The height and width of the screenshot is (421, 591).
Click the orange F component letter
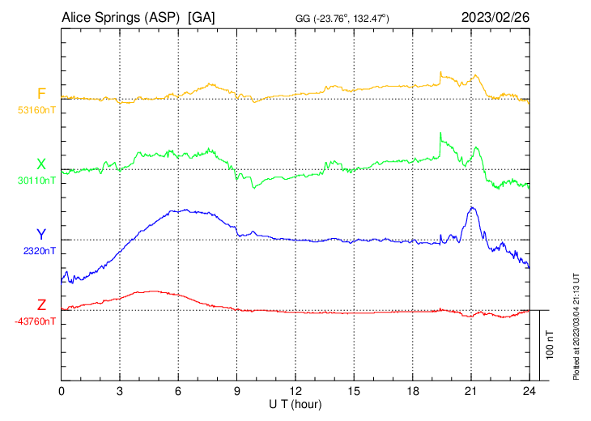coord(41,93)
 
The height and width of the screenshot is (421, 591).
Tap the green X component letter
coord(41,164)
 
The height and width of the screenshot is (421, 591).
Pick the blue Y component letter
coord(41,235)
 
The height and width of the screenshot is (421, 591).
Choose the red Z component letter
coord(41,305)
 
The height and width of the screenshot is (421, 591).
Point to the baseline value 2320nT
coord(39,251)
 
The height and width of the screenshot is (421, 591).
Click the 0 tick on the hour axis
coord(62,390)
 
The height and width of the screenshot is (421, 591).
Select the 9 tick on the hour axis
coord(237,390)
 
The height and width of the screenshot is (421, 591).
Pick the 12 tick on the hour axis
coord(295,390)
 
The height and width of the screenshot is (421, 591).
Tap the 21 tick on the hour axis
coord(471,390)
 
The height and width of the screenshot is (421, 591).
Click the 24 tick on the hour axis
coord(529,390)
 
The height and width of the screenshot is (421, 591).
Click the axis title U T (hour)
coord(295,403)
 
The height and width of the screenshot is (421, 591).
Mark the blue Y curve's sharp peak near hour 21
coord(473,207)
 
